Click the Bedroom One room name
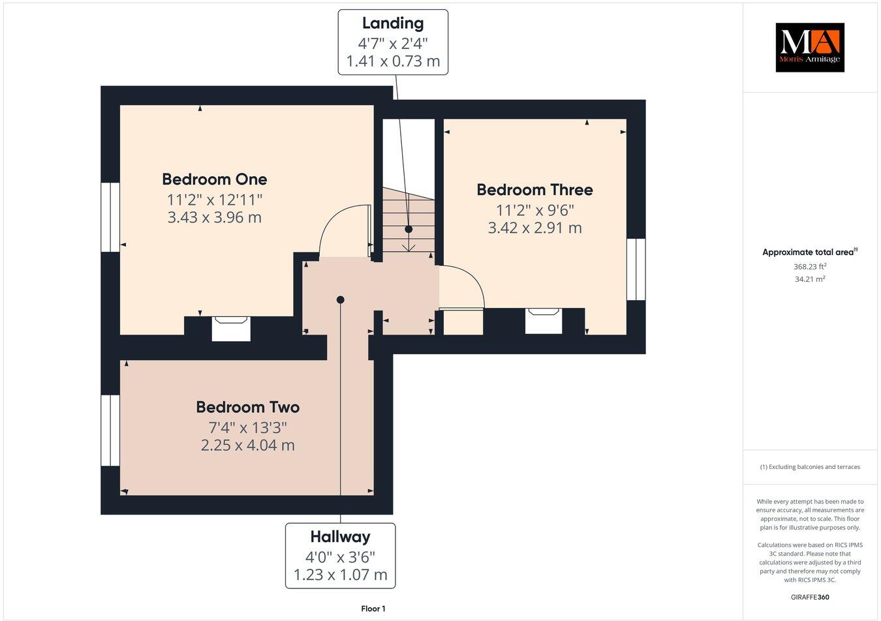pyautogui.click(x=214, y=179)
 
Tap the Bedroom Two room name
pyautogui.click(x=247, y=407)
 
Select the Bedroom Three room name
pyautogui.click(x=534, y=190)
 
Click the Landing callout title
pyautogui.click(x=393, y=23)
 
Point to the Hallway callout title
pyautogui.click(x=340, y=537)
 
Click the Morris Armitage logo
pyautogui.click(x=809, y=47)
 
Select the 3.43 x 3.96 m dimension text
pyautogui.click(x=214, y=217)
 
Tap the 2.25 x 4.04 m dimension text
pyautogui.click(x=247, y=446)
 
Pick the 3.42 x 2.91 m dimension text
pyautogui.click(x=534, y=228)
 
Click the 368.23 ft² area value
pyautogui.click(x=809, y=266)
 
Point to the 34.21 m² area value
pyautogui.click(x=809, y=279)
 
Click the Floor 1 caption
pyautogui.click(x=373, y=609)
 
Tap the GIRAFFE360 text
pyautogui.click(x=810, y=597)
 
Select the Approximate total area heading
pyautogui.click(x=809, y=252)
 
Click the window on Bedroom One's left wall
pyautogui.click(x=110, y=217)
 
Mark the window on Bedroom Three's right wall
pyautogui.click(x=636, y=269)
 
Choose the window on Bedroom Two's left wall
pyautogui.click(x=110, y=430)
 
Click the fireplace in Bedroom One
pyautogui.click(x=231, y=328)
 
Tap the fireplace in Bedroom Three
pyautogui.click(x=544, y=320)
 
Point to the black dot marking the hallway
pyautogui.click(x=340, y=299)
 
